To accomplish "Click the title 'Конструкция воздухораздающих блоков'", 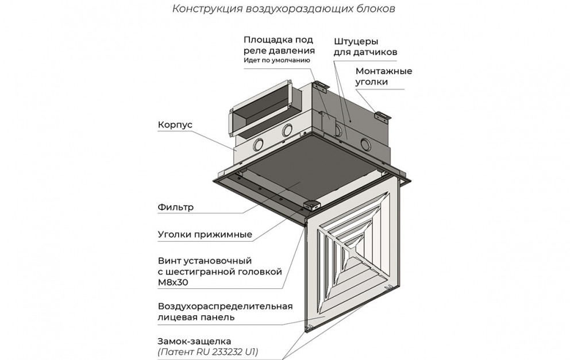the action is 283,9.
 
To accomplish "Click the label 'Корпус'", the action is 175,125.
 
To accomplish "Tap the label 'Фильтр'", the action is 176,207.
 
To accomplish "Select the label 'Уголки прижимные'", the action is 205,234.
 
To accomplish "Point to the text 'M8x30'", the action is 173,282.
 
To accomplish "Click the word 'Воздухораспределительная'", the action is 225,306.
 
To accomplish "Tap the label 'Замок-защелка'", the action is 194,342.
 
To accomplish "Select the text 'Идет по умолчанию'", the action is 276,60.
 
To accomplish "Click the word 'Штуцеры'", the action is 351,42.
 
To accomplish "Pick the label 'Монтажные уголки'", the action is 383,76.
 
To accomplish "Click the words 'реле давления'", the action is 279,51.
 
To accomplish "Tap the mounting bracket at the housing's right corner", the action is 383,115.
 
